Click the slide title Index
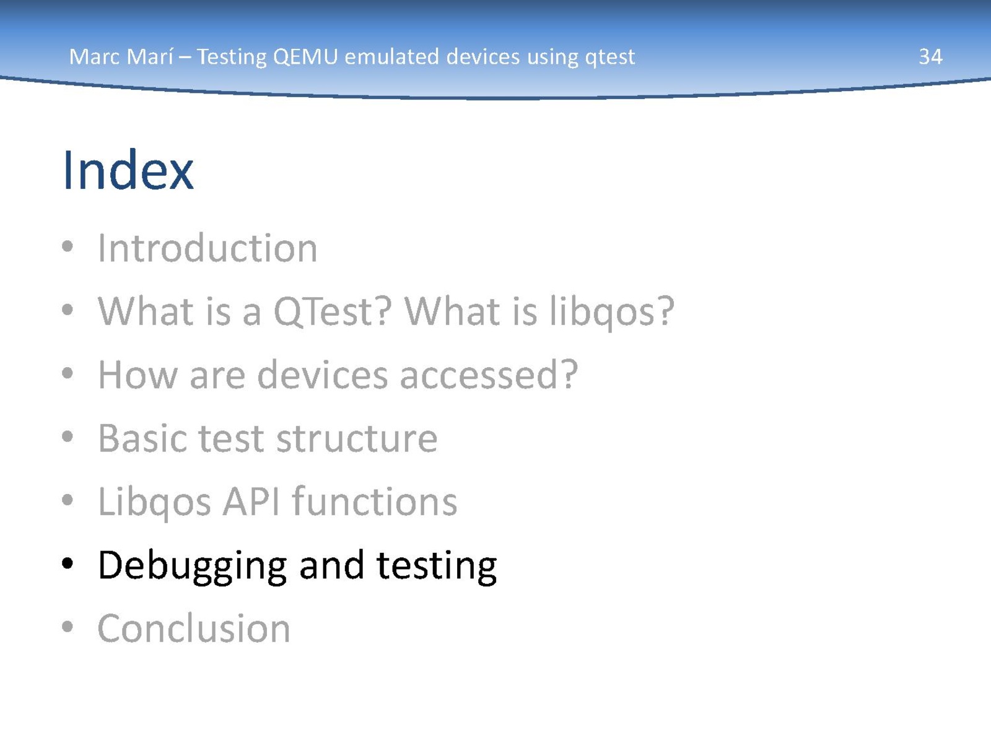[x=128, y=170]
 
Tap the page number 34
[x=930, y=57]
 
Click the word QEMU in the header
[x=305, y=58]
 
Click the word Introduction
[x=207, y=248]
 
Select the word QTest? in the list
[x=332, y=311]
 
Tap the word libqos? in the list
[x=612, y=312]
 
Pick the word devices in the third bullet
[x=322, y=375]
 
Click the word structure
[x=357, y=438]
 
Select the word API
[x=251, y=502]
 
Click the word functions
[x=375, y=501]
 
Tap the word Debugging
[x=193, y=566]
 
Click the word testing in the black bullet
[x=437, y=566]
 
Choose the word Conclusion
[x=194, y=628]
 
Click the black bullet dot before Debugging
[x=68, y=563]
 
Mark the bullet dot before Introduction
[x=68, y=246]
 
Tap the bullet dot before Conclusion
[x=68, y=627]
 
